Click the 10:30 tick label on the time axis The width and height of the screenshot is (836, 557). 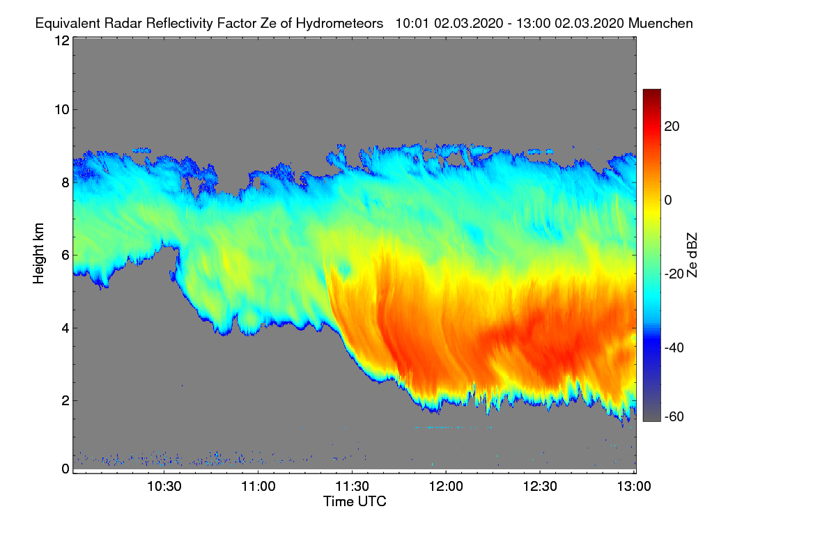tap(164, 487)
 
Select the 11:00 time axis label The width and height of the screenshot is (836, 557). tap(258, 487)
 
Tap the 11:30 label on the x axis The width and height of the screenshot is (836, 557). tap(352, 487)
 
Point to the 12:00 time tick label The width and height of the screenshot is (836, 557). tap(446, 487)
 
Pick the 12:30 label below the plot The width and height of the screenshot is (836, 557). tap(540, 487)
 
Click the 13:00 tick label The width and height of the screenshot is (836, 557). tap(633, 487)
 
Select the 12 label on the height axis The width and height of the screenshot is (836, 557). tap(61, 40)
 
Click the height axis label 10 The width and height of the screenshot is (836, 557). tap(61, 109)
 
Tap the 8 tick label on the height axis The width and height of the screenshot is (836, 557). tap(65, 182)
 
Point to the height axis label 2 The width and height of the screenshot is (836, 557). tap(65, 400)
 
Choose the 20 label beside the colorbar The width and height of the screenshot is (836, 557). tap(672, 126)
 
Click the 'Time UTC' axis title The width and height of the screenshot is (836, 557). tap(355, 501)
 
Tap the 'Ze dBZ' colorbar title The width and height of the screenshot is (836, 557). tap(692, 253)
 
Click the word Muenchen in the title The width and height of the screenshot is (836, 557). tap(660, 23)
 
